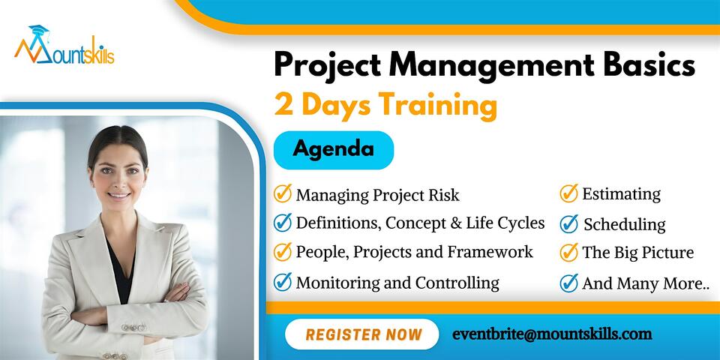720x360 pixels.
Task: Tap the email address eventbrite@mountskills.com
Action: point(552,334)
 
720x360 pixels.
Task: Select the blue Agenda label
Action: point(333,148)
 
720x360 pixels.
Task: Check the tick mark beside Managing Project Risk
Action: point(283,194)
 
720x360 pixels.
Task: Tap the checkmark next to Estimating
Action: point(569,193)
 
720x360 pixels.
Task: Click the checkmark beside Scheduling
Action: point(569,223)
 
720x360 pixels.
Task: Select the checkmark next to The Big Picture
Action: point(569,252)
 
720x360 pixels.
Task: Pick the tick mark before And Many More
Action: point(569,283)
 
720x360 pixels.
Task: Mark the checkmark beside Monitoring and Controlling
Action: point(283,282)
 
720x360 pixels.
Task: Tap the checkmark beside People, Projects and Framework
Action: point(283,252)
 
